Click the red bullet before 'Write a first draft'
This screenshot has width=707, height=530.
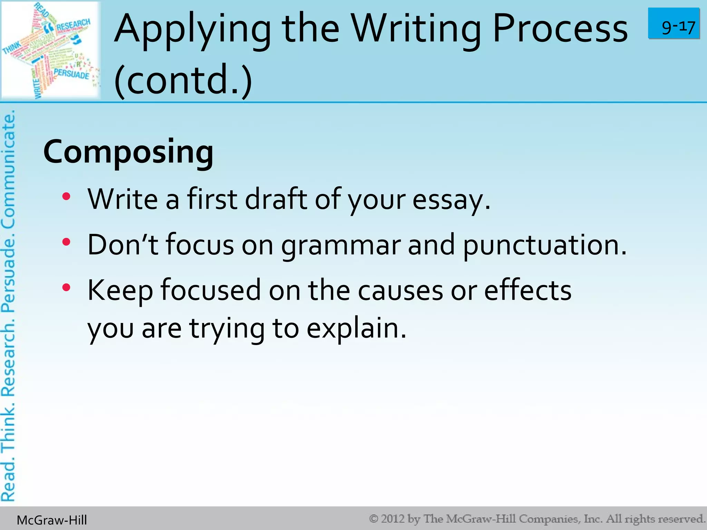coord(66,197)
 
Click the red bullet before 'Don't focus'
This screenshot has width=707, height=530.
coord(66,242)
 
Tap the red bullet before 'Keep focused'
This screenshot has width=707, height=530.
coord(66,287)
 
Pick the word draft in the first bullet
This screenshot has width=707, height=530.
coord(276,200)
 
